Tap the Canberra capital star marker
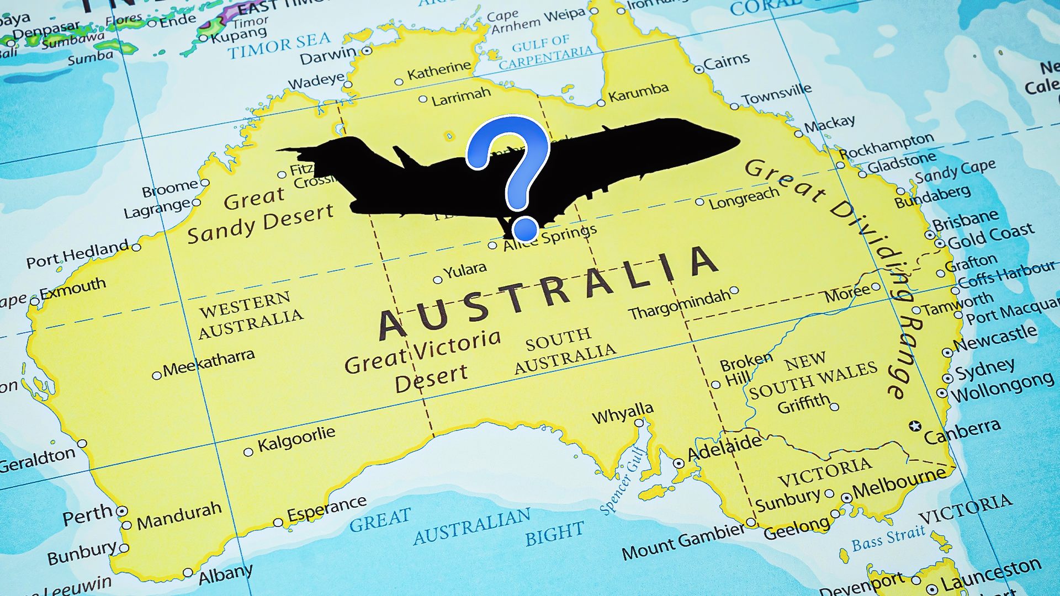pos(915,426)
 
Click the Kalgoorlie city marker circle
pos(248,453)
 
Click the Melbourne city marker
pos(846,498)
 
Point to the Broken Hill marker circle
pos(716,385)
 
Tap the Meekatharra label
pos(209,362)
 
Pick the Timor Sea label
pos(279,46)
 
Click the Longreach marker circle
pos(699,202)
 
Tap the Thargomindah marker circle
pos(734,291)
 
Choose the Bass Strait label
pos(888,539)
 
